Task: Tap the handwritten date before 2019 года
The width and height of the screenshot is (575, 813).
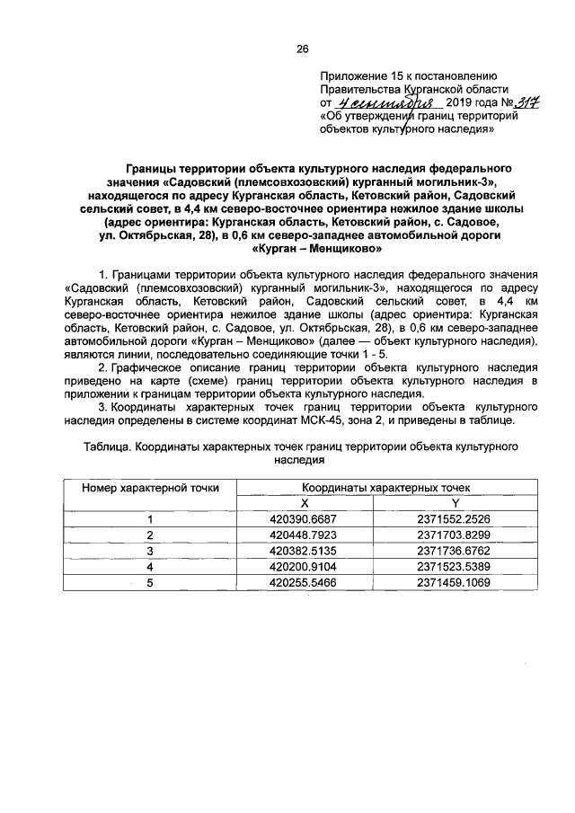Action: click(x=378, y=103)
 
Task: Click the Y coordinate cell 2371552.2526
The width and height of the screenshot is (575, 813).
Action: click(x=453, y=519)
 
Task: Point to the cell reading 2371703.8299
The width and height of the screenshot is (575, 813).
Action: click(x=453, y=535)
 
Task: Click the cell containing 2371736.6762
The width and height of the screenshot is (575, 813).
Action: click(x=453, y=550)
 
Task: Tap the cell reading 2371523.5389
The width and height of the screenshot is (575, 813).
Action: click(x=453, y=566)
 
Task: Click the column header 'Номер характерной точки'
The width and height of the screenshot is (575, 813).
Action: click(x=150, y=488)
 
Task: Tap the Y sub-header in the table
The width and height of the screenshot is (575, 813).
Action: click(x=454, y=503)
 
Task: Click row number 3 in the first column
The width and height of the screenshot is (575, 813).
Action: click(x=150, y=550)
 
